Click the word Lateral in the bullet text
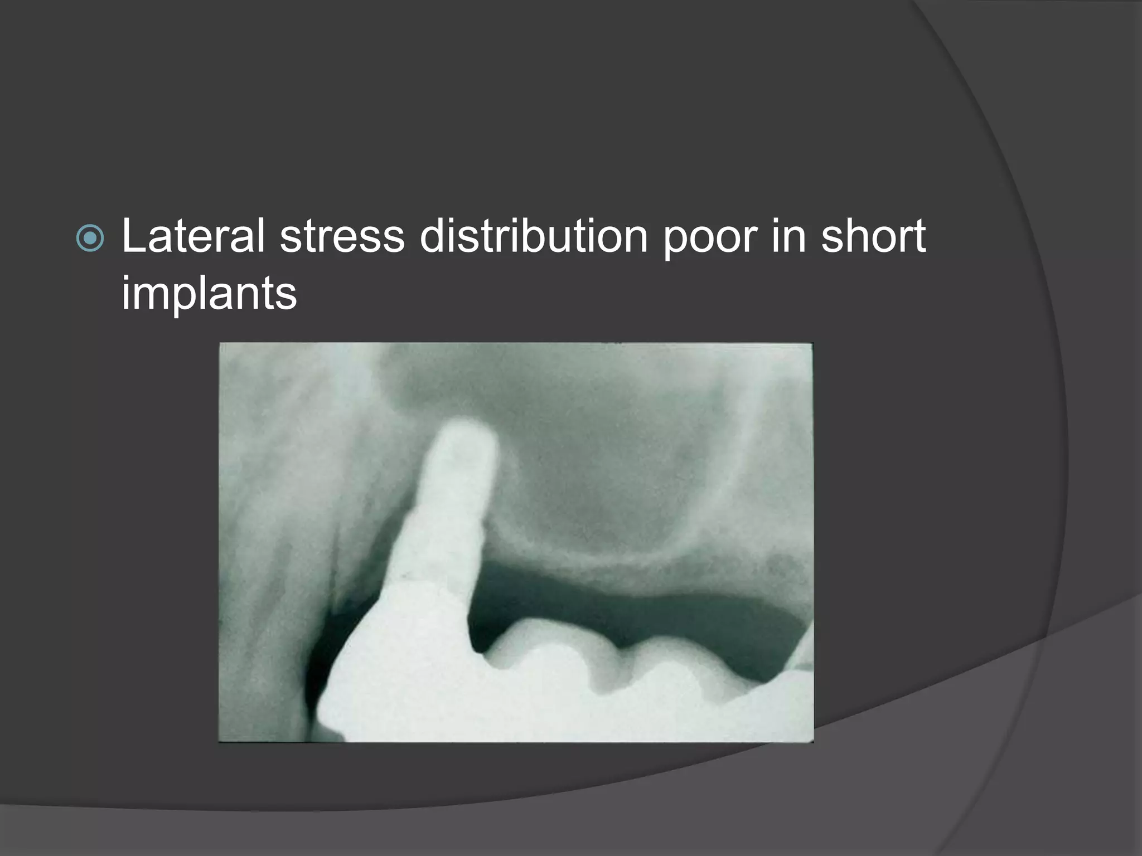(193, 236)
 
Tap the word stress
(342, 236)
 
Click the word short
(873, 236)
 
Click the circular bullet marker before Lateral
(90, 239)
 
